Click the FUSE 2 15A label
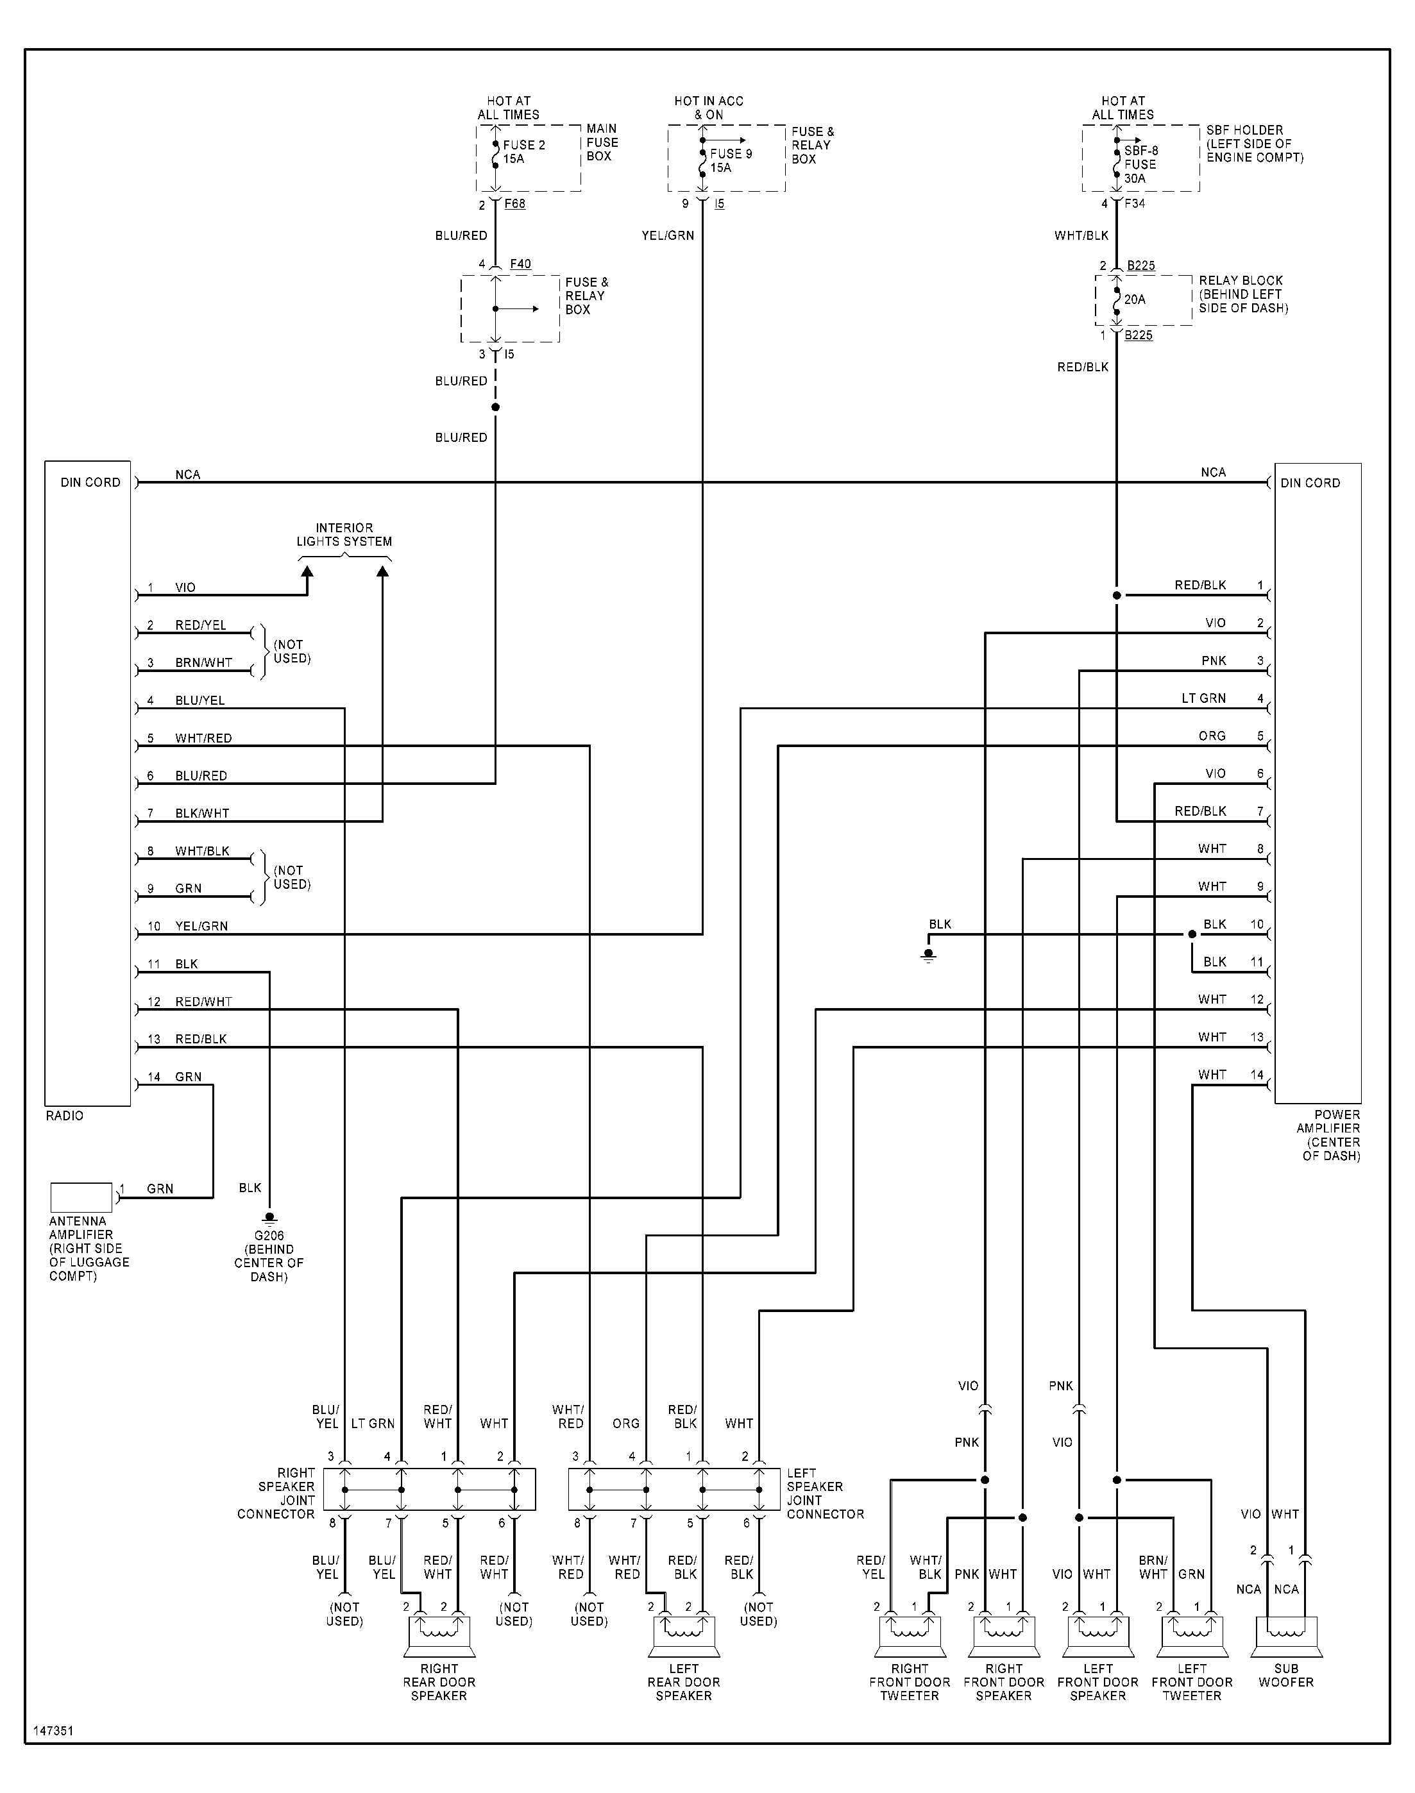523,151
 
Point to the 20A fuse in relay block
1134,300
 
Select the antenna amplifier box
81,1197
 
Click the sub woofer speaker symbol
1286,1637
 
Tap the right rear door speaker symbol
438,1637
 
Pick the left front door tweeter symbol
1191,1637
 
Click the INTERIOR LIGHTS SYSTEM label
344,534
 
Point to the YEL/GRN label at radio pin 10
201,926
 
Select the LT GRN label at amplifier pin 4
1203,698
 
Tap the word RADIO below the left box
65,1116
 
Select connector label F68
514,204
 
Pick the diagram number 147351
53,1731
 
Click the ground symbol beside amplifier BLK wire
928,955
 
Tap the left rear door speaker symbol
684,1637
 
